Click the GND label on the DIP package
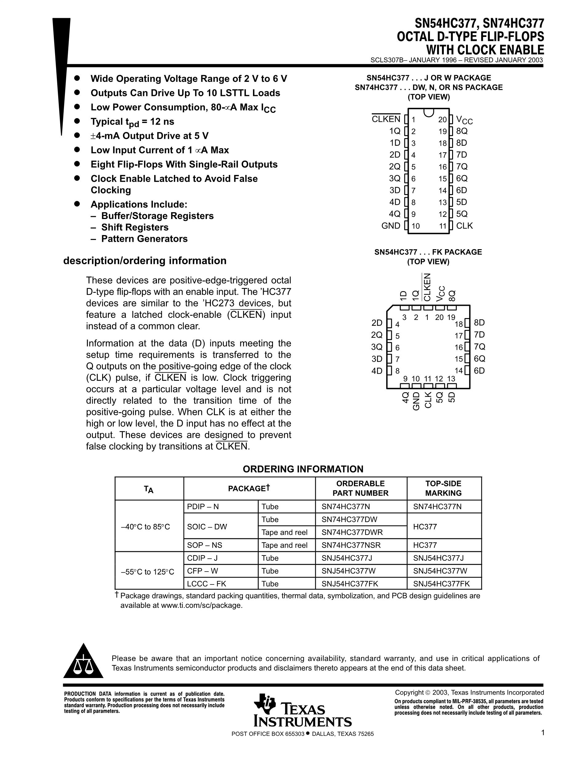click(x=391, y=225)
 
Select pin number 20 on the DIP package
click(x=442, y=120)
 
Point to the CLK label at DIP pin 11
click(x=464, y=225)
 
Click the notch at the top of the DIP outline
click(x=429, y=112)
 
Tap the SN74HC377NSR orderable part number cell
click(x=351, y=545)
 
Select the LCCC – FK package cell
click(x=207, y=584)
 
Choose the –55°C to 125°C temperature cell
click(x=147, y=572)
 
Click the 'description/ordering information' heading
click(x=145, y=261)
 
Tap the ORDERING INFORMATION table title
click(x=303, y=469)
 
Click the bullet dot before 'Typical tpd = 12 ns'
click(x=77, y=121)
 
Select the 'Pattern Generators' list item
click(x=144, y=239)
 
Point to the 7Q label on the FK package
click(x=480, y=347)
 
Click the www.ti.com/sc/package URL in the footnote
click(x=201, y=606)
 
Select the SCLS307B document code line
click(x=456, y=60)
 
